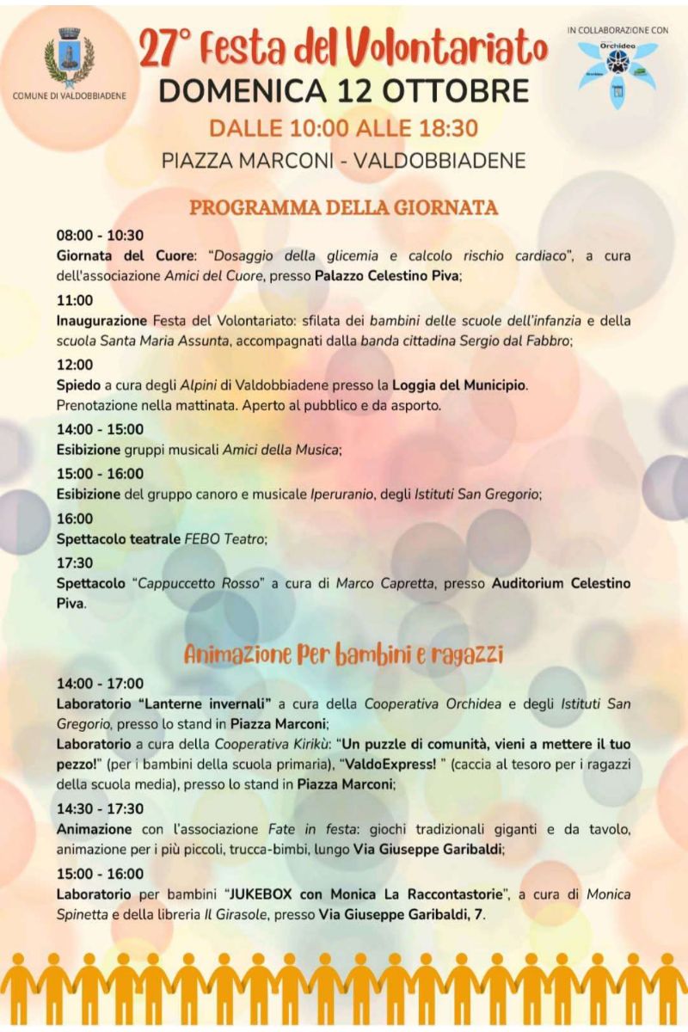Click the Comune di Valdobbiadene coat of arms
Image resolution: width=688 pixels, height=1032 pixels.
click(68, 58)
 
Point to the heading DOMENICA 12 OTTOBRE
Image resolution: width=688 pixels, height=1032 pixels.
click(344, 90)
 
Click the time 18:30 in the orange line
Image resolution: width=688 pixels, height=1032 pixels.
click(447, 129)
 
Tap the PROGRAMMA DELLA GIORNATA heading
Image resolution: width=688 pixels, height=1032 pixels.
click(344, 207)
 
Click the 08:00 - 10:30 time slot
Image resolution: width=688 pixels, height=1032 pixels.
click(100, 235)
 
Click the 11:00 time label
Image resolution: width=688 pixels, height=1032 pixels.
click(75, 300)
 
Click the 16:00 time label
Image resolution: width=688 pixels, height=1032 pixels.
click(75, 519)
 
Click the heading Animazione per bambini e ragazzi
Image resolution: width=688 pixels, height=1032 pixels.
click(344, 654)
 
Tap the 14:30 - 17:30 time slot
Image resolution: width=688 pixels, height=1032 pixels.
click(100, 809)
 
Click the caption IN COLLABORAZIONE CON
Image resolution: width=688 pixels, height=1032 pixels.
click(617, 29)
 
